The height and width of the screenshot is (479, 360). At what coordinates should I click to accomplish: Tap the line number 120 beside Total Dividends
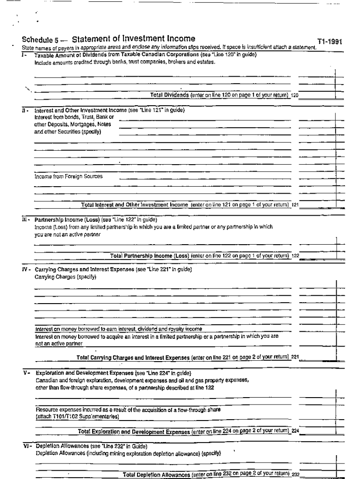tap(295, 95)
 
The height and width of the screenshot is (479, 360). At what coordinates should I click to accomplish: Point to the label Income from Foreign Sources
tap(69, 176)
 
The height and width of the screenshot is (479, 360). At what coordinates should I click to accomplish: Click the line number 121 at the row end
tap(295, 205)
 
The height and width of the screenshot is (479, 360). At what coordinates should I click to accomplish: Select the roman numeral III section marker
tap(26, 219)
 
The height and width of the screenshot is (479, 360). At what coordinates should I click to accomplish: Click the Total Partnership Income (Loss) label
tap(150, 256)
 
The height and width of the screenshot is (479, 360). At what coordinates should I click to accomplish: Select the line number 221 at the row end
tap(295, 357)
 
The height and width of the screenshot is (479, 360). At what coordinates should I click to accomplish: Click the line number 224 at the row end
tap(295, 431)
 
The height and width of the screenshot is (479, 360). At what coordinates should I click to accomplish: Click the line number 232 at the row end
tap(295, 475)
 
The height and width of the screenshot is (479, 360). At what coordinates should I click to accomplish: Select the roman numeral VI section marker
tap(27, 446)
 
